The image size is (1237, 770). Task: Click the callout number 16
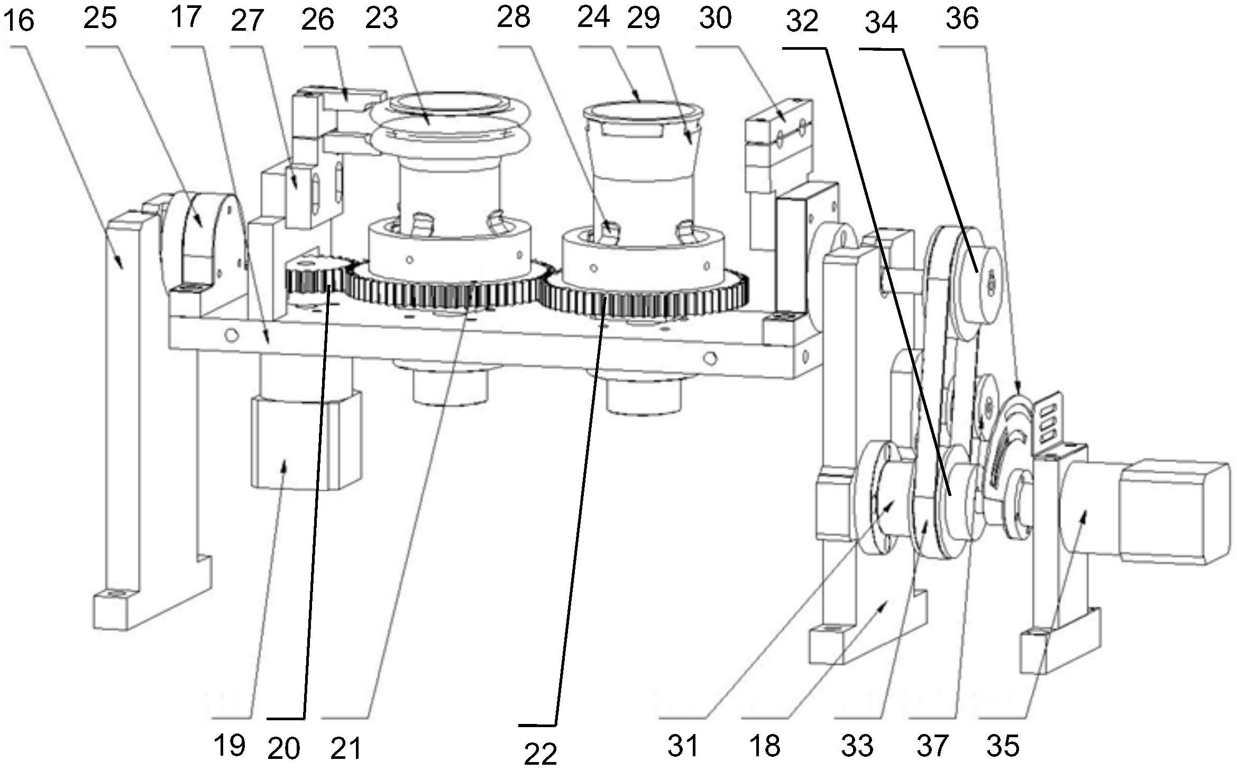pos(19,21)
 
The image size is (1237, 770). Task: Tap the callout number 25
pos(100,19)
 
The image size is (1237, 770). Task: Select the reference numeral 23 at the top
pos(381,19)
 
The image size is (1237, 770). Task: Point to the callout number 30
pos(715,19)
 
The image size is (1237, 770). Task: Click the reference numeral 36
pos(962,19)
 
